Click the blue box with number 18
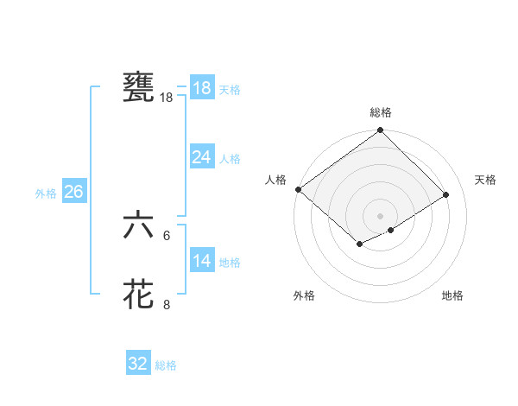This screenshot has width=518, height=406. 201,88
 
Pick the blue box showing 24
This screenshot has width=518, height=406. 201,157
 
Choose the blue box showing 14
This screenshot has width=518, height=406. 201,261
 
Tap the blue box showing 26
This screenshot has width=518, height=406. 73,192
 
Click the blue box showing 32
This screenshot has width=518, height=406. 138,364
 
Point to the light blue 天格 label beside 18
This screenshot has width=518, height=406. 230,90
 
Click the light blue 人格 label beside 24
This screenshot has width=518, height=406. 230,159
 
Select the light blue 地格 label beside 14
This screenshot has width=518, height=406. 230,263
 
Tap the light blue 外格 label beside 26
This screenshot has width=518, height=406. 46,193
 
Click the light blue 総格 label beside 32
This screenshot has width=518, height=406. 166,365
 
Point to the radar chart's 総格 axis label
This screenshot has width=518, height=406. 381,112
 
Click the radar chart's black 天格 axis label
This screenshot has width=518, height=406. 486,180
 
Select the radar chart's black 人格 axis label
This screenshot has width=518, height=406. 276,180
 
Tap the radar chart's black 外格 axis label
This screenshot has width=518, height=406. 304,295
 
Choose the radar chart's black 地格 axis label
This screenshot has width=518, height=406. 452,295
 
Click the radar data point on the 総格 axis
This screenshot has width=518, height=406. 381,131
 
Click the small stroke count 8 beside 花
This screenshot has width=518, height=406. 167,304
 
